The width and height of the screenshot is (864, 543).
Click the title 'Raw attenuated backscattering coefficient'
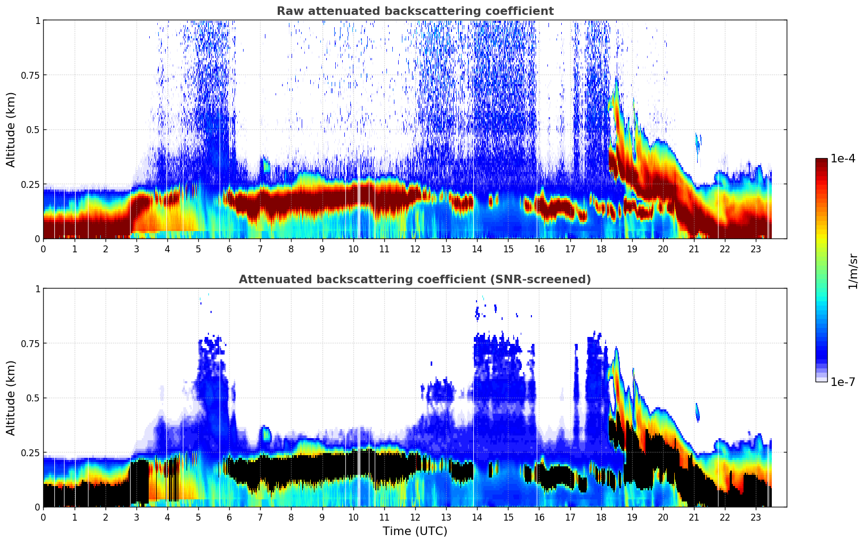click(415, 11)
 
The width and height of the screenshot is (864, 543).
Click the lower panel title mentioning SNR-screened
click(415, 279)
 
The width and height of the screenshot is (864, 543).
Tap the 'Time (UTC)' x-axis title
click(415, 531)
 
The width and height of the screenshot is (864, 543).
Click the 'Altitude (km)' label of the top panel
click(11, 129)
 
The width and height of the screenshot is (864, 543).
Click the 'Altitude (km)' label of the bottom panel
click(11, 398)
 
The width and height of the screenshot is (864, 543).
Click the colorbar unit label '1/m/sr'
click(853, 271)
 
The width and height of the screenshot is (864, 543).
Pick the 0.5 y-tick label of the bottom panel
click(34, 398)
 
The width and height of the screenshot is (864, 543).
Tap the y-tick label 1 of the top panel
click(37, 21)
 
